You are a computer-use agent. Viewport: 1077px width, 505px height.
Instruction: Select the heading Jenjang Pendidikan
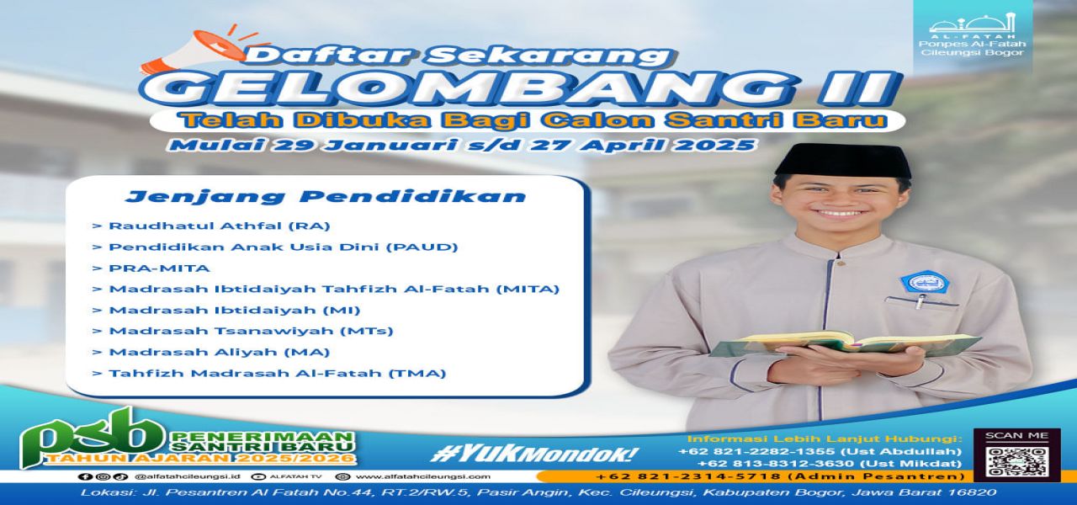click(x=325, y=197)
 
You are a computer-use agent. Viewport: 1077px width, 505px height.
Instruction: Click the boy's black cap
click(x=841, y=160)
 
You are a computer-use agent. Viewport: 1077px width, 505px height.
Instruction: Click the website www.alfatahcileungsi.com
click(x=429, y=476)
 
